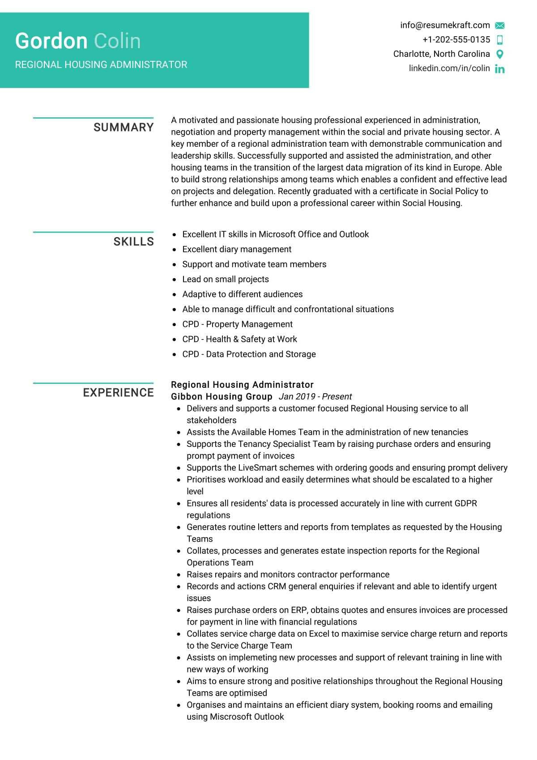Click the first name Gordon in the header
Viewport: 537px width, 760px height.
(51, 41)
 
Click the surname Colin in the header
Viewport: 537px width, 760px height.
(117, 41)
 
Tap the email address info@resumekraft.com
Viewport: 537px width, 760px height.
(445, 25)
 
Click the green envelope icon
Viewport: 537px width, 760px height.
(500, 26)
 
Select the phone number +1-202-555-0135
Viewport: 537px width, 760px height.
(456, 40)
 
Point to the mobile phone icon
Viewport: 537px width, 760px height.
(500, 40)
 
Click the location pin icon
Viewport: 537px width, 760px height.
(500, 54)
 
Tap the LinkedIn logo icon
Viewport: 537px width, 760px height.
(500, 69)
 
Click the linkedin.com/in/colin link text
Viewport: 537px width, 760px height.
(449, 68)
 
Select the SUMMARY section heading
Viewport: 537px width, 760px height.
(124, 127)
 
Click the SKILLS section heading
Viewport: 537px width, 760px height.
(133, 242)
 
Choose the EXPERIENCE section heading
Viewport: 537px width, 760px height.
(118, 393)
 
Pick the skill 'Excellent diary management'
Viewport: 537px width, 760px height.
(237, 249)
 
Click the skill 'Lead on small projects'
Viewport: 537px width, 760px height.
(226, 279)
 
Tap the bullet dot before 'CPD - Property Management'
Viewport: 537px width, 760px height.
(175, 325)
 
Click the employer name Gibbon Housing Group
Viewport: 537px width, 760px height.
(222, 397)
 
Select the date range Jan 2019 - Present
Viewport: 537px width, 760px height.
(315, 397)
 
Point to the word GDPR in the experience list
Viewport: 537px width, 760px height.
(465, 503)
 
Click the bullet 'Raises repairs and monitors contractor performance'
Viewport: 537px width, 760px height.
(288, 574)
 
